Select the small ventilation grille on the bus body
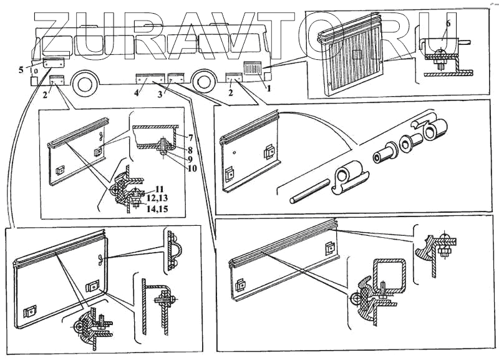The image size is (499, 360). pos(253,67)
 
